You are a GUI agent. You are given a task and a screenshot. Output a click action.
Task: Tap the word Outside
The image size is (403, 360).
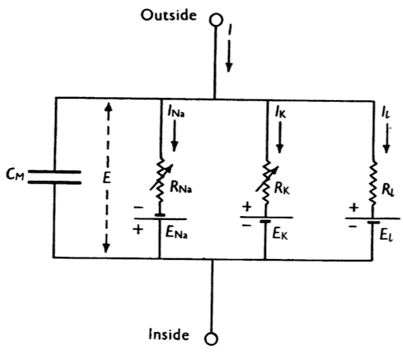(x=169, y=15)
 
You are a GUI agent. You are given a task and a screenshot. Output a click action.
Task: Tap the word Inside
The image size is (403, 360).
(x=169, y=334)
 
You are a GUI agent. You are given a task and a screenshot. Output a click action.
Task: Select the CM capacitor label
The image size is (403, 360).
(x=15, y=174)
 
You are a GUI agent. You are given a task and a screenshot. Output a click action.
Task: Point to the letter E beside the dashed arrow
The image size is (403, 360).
(x=107, y=177)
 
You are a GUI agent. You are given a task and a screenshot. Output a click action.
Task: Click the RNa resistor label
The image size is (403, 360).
(x=181, y=188)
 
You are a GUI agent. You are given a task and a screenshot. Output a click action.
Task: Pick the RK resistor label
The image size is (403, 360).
(x=282, y=188)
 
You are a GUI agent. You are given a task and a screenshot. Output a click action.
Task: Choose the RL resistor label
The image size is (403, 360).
(x=388, y=190)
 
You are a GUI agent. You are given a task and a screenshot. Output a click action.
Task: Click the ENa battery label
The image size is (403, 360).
(x=176, y=233)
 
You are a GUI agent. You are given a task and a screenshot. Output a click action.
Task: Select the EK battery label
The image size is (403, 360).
(x=280, y=233)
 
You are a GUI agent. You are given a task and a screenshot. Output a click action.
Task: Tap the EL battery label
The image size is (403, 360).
(x=386, y=236)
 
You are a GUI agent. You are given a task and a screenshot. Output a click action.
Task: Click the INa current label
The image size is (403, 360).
(x=176, y=112)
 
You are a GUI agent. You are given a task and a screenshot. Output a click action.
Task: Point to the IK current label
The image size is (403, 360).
(x=280, y=112)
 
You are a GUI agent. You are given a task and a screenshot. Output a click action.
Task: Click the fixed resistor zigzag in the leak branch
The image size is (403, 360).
(x=373, y=184)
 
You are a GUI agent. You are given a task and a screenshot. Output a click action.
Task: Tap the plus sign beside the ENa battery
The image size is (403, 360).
(x=138, y=229)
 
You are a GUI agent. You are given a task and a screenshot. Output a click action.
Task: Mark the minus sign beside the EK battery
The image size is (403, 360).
(x=246, y=225)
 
